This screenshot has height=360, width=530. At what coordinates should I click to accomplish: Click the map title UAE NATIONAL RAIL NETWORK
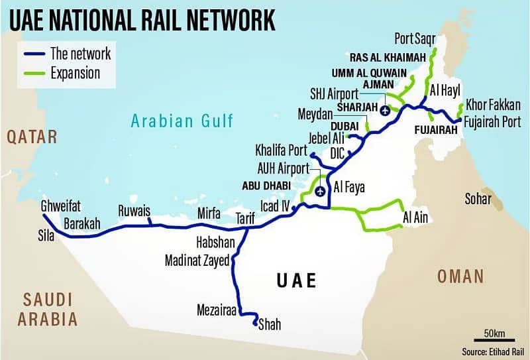142,19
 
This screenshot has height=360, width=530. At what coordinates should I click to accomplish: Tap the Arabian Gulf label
182,121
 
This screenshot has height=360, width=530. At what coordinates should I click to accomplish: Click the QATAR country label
32,137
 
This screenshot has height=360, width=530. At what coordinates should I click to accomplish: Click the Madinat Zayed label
197,261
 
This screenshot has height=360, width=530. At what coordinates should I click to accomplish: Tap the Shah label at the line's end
269,324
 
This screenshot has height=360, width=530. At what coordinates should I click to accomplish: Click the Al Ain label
415,217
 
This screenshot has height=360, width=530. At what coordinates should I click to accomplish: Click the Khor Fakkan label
493,105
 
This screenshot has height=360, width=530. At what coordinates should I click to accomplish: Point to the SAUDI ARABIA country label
47,309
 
